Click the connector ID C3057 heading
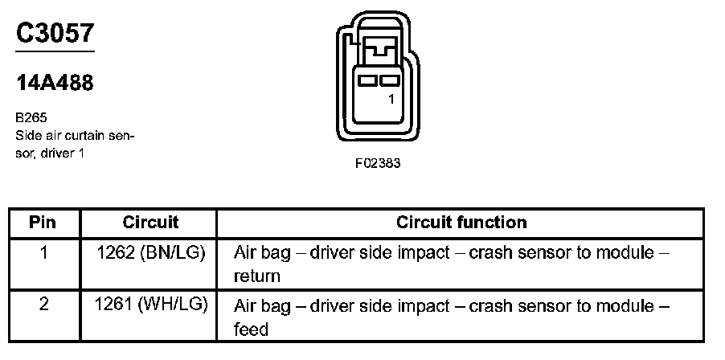(x=55, y=33)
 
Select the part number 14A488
(x=55, y=83)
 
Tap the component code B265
(x=31, y=117)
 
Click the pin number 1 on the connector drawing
(x=390, y=100)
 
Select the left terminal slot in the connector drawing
(x=370, y=81)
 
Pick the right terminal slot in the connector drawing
(x=390, y=81)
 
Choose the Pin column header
(x=43, y=222)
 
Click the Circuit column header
(x=150, y=222)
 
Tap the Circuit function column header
(x=461, y=222)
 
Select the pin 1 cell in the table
(x=43, y=252)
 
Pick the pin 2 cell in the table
(x=43, y=305)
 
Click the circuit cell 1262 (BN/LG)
(x=150, y=252)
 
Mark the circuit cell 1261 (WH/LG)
(x=150, y=305)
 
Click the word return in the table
(x=256, y=276)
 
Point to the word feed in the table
(x=251, y=329)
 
